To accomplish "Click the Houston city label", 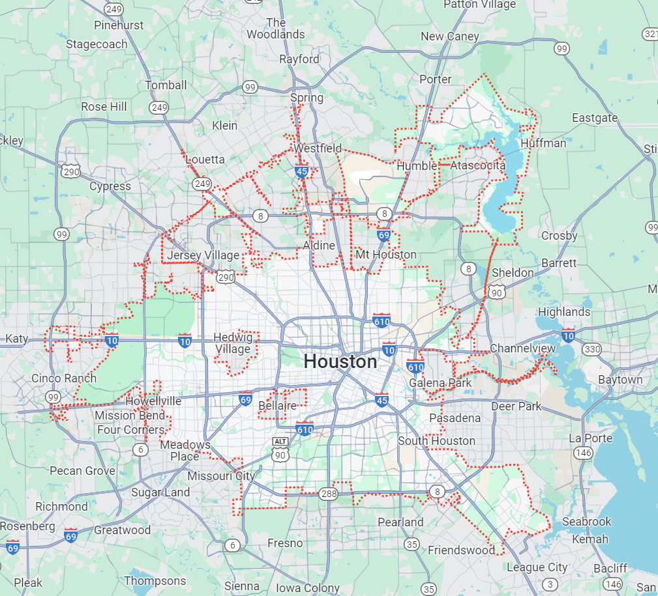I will tap(340, 362).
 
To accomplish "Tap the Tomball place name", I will tap(166, 85).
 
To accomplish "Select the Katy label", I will tap(17, 339).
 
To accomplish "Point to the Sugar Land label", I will tap(160, 492).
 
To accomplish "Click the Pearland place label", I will tap(400, 522).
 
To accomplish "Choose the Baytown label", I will tap(620, 380).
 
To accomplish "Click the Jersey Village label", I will tap(203, 255).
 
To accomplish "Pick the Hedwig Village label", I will tap(233, 343).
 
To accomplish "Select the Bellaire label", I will tap(277, 406).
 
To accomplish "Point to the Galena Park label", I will tap(440, 383).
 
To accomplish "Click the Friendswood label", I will tap(462, 550).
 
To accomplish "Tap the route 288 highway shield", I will tap(328, 494).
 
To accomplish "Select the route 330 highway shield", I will tap(591, 350).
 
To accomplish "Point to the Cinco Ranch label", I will tap(64, 378).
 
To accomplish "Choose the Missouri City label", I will tap(221, 476).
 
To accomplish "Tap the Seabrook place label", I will tap(587, 522).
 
